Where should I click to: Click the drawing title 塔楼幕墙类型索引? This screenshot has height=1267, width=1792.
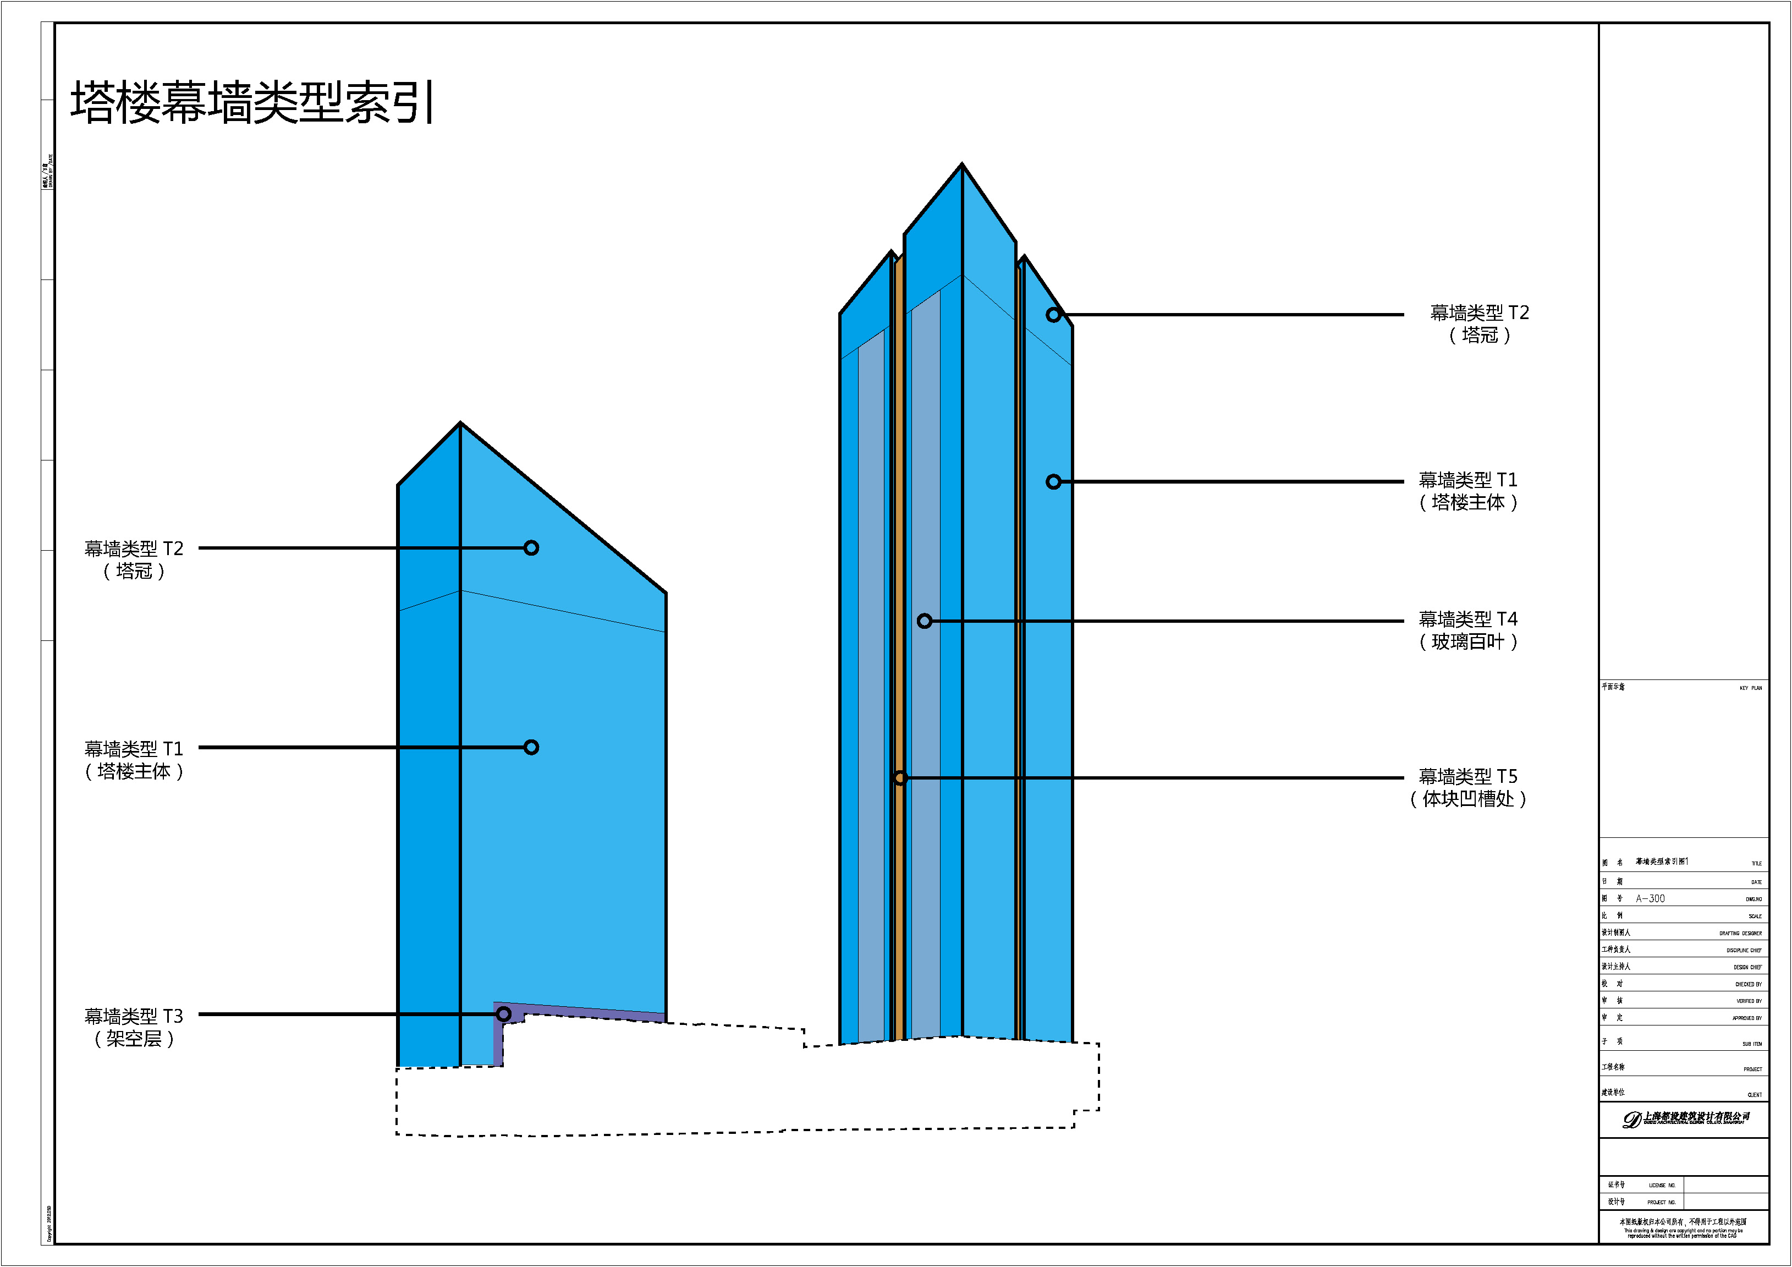[x=252, y=102]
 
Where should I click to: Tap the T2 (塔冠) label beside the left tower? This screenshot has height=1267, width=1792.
[x=134, y=560]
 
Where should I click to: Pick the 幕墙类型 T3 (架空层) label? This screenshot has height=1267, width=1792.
[x=134, y=1027]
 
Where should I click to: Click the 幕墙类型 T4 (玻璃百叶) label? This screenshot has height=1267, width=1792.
[x=1467, y=630]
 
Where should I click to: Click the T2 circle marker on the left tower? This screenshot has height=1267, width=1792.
[x=531, y=548]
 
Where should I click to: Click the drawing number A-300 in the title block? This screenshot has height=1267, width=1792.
[x=1650, y=898]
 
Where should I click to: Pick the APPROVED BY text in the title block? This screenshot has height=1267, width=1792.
[x=1747, y=1018]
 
